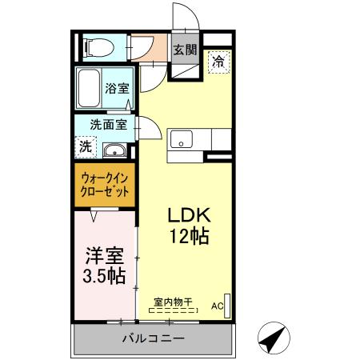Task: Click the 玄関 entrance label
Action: tap(185, 50)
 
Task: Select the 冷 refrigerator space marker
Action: tap(218, 62)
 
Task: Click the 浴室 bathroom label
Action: tap(117, 89)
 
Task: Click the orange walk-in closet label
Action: tap(105, 186)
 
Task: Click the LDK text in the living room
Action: tap(188, 216)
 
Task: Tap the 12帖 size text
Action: tap(189, 238)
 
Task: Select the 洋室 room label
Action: tap(104, 256)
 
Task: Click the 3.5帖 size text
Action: tap(105, 277)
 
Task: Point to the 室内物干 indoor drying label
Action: tap(174, 301)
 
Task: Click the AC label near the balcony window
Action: tap(216, 306)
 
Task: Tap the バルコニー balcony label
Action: tap(152, 339)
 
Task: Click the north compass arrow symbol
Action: tap(272, 339)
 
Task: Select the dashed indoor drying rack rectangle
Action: tap(173, 310)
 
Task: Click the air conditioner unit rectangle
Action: tap(228, 306)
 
